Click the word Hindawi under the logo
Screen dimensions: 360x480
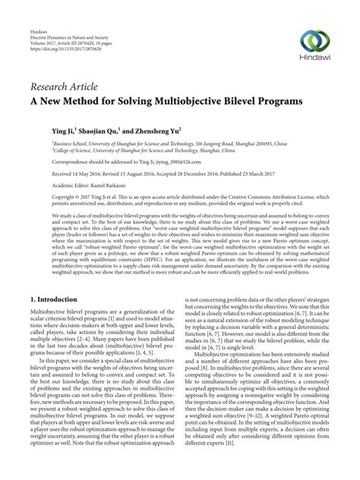coord(314,58)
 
